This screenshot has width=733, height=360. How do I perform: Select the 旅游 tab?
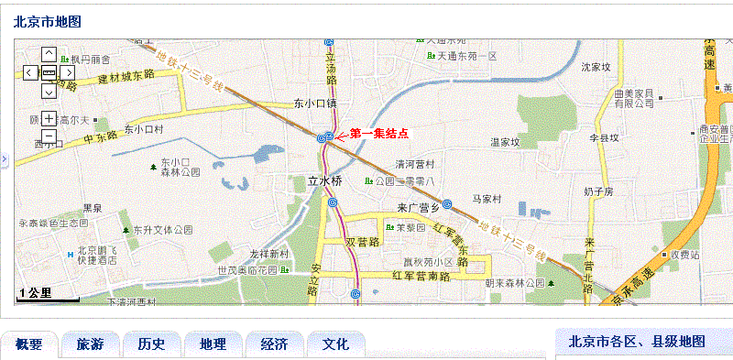click(x=90, y=344)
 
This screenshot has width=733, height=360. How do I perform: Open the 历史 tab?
click(x=151, y=344)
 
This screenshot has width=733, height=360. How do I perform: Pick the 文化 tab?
click(x=335, y=344)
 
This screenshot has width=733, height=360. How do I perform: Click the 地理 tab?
click(x=213, y=344)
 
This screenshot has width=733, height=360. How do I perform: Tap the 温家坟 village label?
click(x=505, y=142)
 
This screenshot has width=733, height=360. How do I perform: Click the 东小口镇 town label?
click(x=315, y=104)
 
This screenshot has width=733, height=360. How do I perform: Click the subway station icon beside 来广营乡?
click(x=447, y=204)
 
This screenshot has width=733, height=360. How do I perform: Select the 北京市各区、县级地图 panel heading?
click(x=637, y=342)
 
